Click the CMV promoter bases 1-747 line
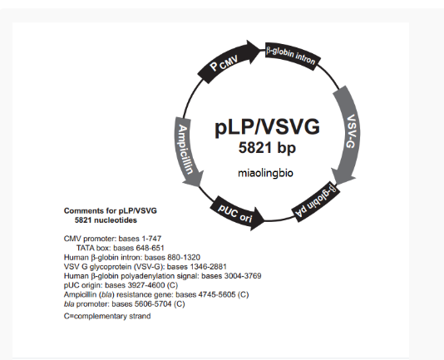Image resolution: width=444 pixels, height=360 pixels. (112, 239)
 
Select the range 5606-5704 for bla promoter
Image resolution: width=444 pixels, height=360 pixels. (152, 303)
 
